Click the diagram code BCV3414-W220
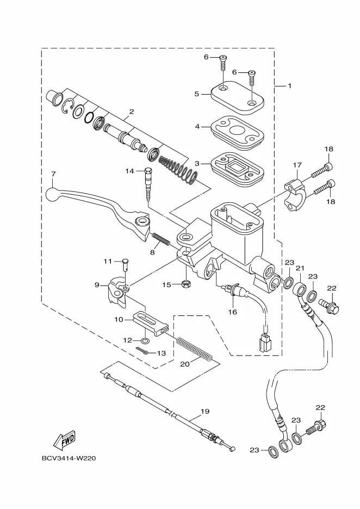coord(69,458)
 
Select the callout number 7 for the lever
coord(53,175)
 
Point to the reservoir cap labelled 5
coord(237,98)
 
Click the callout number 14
coord(130,171)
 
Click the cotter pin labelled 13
coord(143,351)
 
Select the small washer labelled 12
coord(145,340)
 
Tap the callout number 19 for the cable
coord(205,411)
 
